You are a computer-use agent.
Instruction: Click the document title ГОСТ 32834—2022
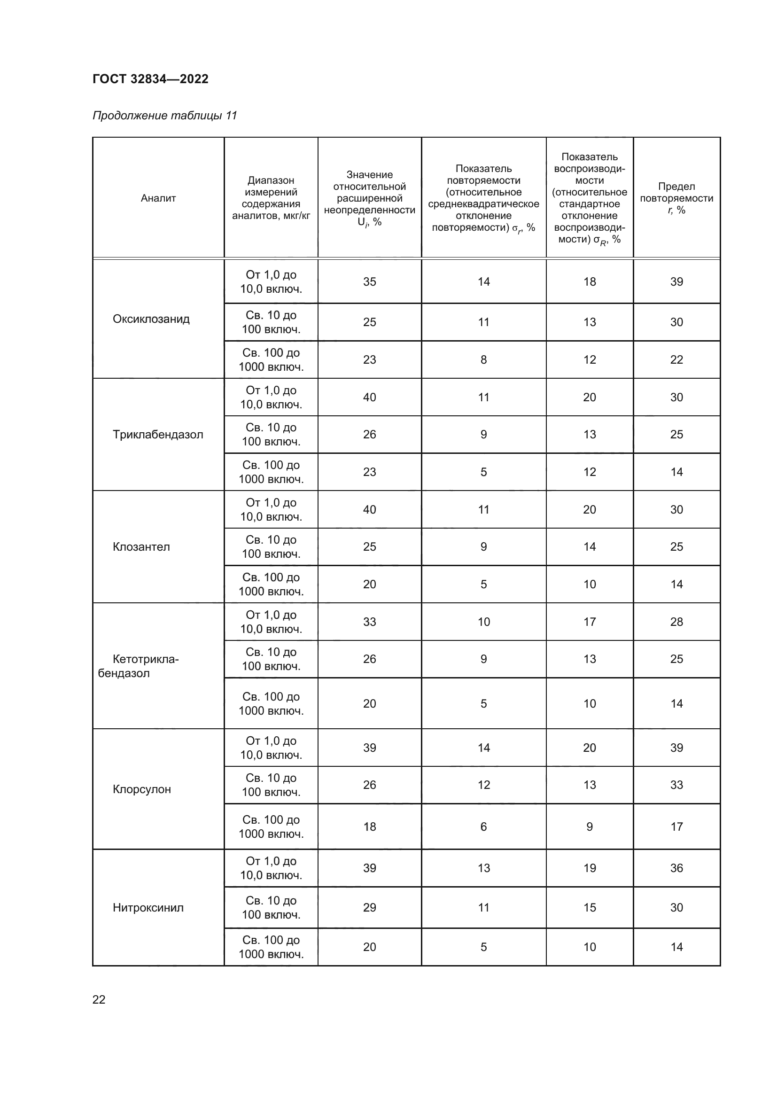pyautogui.click(x=150, y=79)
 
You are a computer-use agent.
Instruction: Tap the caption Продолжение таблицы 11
pyautogui.click(x=164, y=116)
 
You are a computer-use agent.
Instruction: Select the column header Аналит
pyautogui.click(x=158, y=198)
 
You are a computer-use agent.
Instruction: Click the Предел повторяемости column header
pyautogui.click(x=676, y=198)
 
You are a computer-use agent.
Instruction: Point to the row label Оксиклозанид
pyautogui.click(x=151, y=319)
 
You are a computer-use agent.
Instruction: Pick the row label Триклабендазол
pyautogui.click(x=158, y=435)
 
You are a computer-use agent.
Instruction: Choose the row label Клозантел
pyautogui.click(x=141, y=546)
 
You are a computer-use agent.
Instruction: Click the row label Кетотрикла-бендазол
pyautogui.click(x=139, y=666)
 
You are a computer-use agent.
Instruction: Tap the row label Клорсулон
pyautogui.click(x=141, y=789)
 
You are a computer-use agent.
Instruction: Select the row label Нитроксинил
pyautogui.click(x=148, y=908)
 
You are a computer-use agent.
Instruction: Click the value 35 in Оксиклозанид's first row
pyautogui.click(x=369, y=282)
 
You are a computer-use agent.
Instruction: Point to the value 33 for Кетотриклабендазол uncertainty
pyautogui.click(x=369, y=622)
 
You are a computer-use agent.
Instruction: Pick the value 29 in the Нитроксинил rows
pyautogui.click(x=369, y=908)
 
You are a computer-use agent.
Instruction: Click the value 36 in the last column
pyautogui.click(x=676, y=868)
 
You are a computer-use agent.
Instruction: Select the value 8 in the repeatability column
pyautogui.click(x=483, y=360)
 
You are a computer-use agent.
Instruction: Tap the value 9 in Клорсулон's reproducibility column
pyautogui.click(x=590, y=826)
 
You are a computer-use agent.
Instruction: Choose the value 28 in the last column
pyautogui.click(x=676, y=622)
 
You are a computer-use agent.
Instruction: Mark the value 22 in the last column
pyautogui.click(x=676, y=360)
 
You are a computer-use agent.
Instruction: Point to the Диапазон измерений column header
pyautogui.click(x=271, y=198)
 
